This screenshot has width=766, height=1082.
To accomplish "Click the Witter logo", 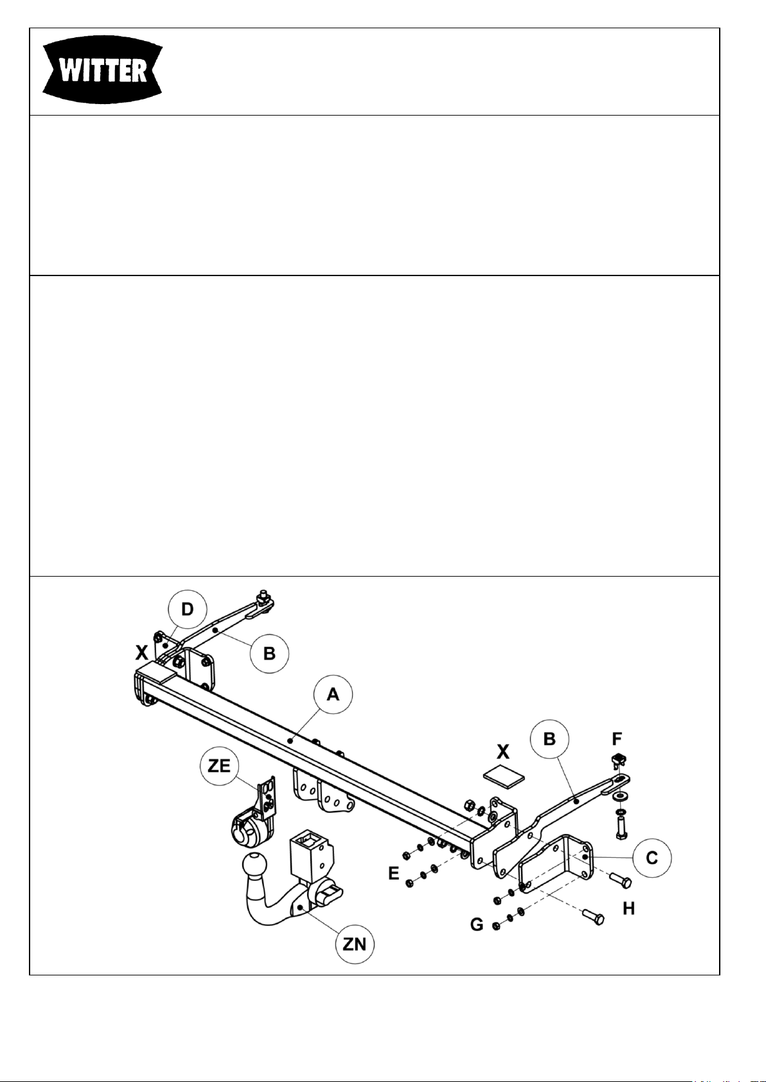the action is tap(102, 71).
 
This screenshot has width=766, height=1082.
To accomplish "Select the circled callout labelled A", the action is tap(333, 694).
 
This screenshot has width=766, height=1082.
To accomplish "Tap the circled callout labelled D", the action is tap(188, 609).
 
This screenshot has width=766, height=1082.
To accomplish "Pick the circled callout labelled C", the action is tap(652, 857).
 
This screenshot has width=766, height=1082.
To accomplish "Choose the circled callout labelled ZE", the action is tap(219, 765).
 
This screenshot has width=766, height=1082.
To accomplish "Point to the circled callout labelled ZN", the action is tap(355, 944).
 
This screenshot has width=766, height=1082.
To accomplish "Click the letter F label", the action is tap(617, 738).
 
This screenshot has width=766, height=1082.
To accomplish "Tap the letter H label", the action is tap(628, 909).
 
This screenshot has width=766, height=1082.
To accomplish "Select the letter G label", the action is tap(477, 925).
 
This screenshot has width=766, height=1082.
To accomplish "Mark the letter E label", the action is tap(394, 873).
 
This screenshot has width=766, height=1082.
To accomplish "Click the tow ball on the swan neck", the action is tap(255, 864).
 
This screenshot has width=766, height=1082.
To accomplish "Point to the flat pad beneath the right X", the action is tap(504, 777).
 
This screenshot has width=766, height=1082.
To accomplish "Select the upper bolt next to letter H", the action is tap(621, 877).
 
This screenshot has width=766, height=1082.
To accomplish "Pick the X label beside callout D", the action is tap(141, 652).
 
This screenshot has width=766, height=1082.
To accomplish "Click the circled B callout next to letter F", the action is tap(549, 739).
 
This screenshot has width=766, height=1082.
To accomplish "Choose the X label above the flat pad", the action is tap(503, 751).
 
